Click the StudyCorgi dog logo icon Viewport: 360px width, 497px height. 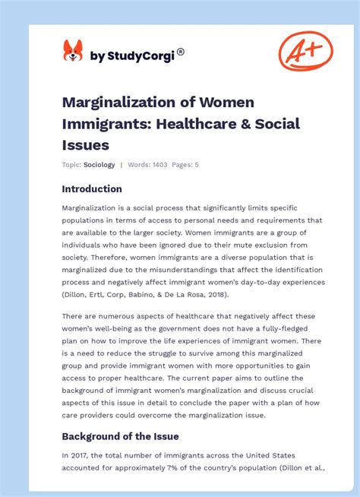[73, 51]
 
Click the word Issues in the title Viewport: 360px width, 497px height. [86, 144]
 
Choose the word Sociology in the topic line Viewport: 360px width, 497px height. [99, 165]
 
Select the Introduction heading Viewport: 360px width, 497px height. [92, 188]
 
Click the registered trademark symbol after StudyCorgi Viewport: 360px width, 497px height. [181, 52]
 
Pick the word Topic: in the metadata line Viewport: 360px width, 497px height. [71, 165]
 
